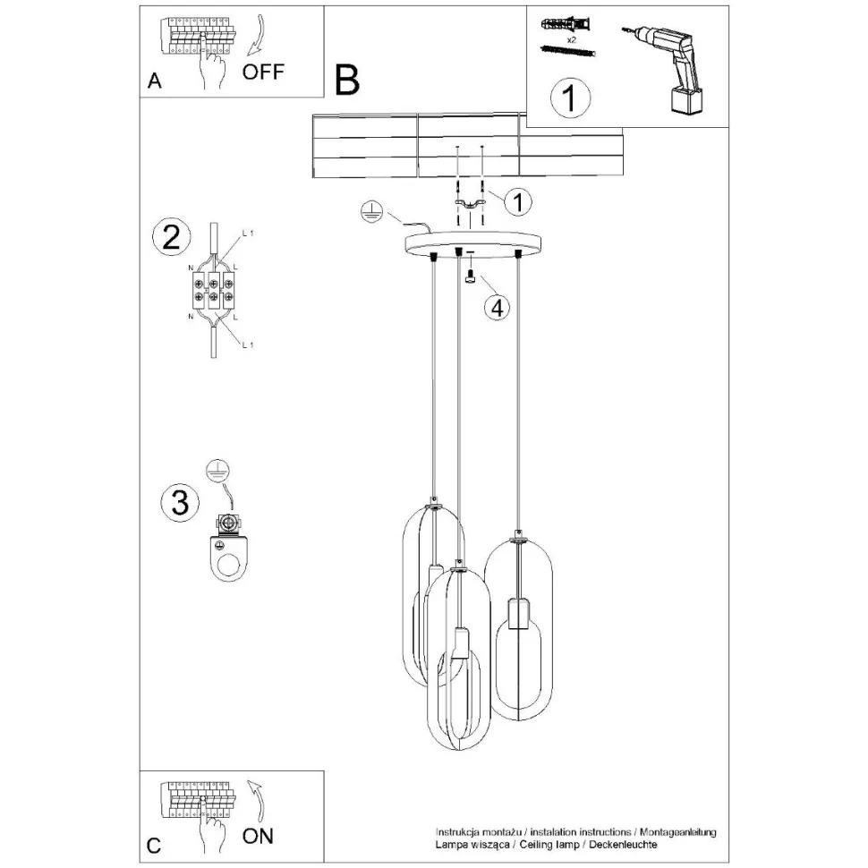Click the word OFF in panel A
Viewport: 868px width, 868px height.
click(263, 72)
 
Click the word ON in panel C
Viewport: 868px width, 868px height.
click(259, 837)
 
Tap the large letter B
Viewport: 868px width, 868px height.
click(346, 80)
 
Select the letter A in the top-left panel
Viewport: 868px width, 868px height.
click(155, 82)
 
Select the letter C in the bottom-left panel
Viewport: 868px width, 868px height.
click(154, 846)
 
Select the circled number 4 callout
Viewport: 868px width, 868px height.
click(498, 307)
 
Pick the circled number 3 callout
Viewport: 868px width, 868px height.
click(179, 503)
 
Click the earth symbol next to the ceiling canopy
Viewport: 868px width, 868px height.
click(371, 212)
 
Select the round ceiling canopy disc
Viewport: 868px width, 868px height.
click(478, 243)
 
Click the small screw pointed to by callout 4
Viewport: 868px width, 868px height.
click(469, 279)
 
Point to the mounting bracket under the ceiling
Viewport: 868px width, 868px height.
click(469, 208)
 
